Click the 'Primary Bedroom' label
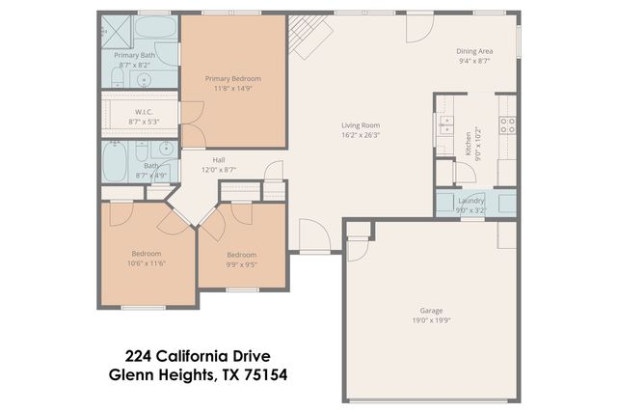[x=232, y=78]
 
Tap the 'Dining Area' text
[x=474, y=51]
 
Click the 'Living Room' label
[x=361, y=124]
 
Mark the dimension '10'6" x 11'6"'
[x=147, y=263]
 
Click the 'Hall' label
[x=219, y=159]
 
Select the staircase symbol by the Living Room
[x=308, y=37]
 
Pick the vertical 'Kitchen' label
[x=469, y=143]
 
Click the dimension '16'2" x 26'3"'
[x=361, y=135]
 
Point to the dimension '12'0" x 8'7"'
[x=219, y=169]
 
